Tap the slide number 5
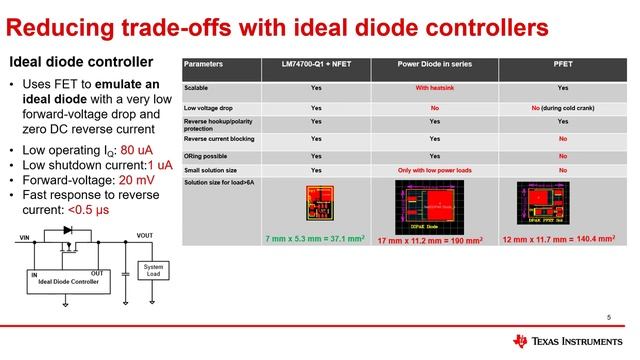click(x=608, y=317)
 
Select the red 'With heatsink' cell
click(x=434, y=89)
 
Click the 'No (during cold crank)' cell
click(x=563, y=107)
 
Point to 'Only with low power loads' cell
click(x=434, y=171)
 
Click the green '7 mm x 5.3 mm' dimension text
click(x=316, y=241)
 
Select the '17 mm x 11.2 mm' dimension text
click(x=434, y=241)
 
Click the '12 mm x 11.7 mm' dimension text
click(x=563, y=241)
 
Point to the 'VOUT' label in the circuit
click(x=145, y=237)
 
